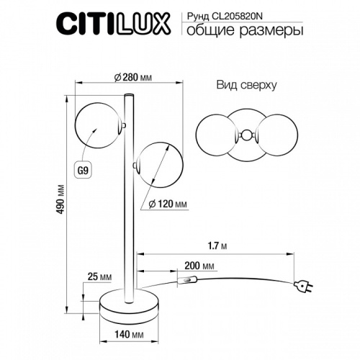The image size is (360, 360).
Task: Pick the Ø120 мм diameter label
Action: point(167,204)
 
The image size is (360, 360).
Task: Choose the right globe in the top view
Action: point(276,133)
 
